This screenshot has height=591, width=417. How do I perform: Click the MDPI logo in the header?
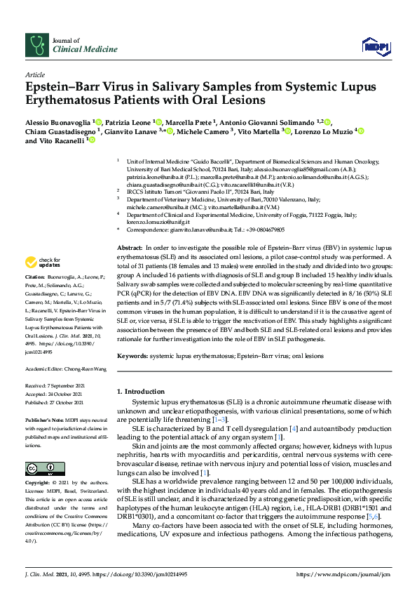(x=375, y=46)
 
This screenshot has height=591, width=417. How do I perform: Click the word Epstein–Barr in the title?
(x=62, y=87)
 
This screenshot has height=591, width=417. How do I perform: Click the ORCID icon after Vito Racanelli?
(x=91, y=140)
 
